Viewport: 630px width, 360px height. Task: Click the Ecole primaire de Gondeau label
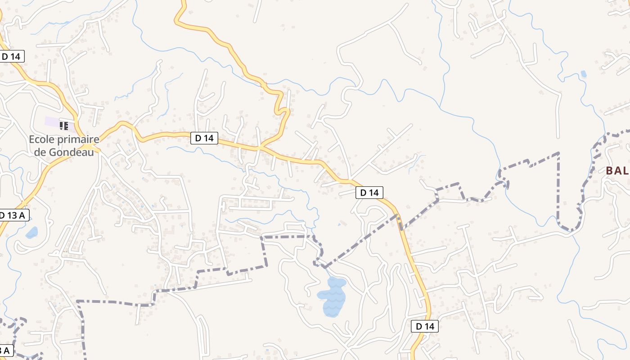point(64,146)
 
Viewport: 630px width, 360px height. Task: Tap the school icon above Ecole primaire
point(64,126)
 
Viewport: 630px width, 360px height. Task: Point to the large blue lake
point(333,296)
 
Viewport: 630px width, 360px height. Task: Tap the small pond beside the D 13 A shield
point(31,233)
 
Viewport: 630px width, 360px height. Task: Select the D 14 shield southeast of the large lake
point(424,326)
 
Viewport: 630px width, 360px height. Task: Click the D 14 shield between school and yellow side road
point(205,138)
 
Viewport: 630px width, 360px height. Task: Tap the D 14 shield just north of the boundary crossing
point(369,193)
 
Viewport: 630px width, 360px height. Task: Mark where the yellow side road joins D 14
point(260,148)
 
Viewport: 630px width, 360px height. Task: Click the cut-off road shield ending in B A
point(5,351)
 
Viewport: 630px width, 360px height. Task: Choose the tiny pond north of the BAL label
point(584,74)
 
